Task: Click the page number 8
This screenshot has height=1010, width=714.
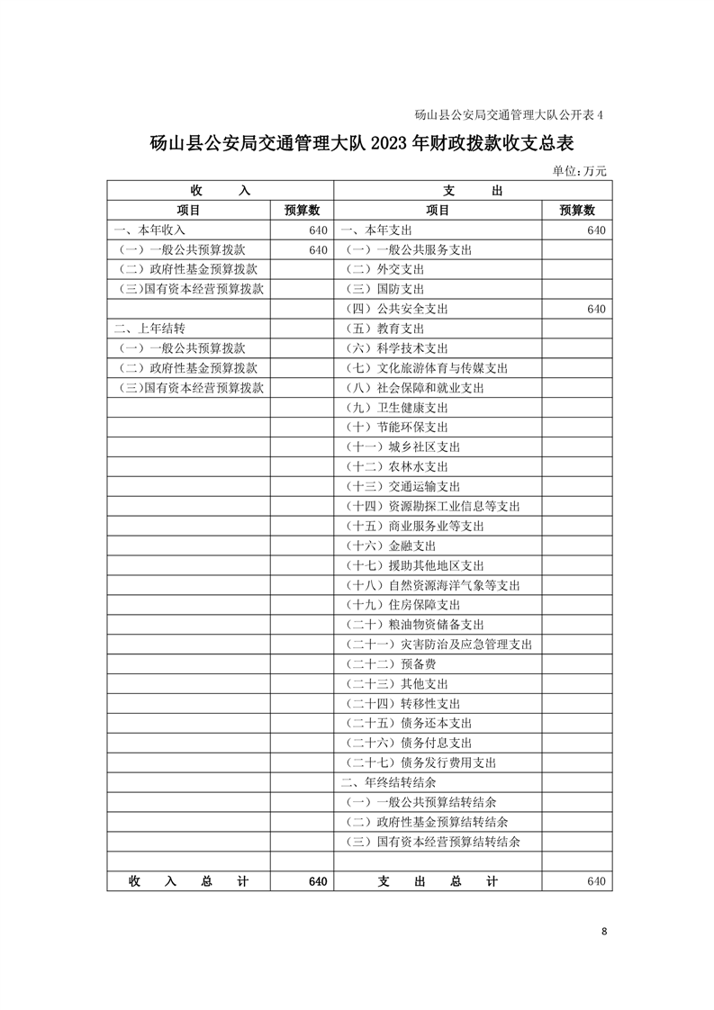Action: (605, 932)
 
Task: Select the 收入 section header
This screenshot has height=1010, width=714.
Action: (220, 191)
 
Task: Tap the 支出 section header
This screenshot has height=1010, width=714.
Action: (472, 191)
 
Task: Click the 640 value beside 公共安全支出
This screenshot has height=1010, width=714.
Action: (595, 309)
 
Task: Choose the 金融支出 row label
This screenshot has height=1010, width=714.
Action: (391, 546)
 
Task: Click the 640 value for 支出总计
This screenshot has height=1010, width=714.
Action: (595, 881)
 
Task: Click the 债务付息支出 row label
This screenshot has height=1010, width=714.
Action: (409, 743)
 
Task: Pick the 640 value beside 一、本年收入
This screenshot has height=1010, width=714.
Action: (317, 230)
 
